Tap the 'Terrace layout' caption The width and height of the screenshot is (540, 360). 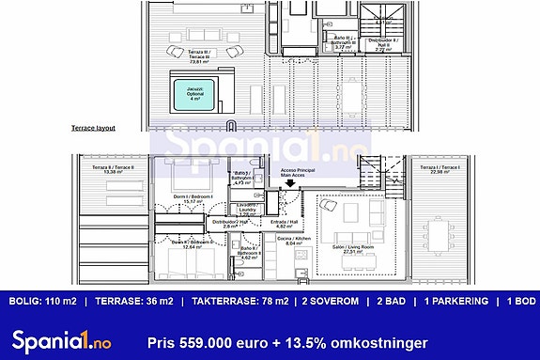pyautogui.click(x=93, y=128)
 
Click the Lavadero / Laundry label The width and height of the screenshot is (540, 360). pyautogui.click(x=247, y=209)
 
